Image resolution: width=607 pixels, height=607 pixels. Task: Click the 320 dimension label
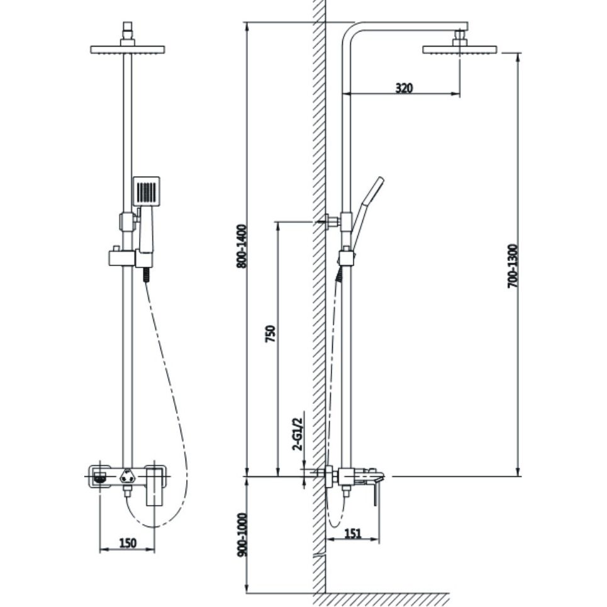coord(404,88)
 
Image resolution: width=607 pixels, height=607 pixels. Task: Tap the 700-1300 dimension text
coord(513,266)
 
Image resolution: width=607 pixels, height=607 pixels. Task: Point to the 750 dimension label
coord(270,333)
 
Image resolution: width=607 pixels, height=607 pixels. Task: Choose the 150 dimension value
coord(128,542)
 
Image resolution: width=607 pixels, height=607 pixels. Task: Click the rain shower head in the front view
coord(128,49)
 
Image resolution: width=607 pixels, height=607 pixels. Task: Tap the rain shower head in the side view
coord(459,49)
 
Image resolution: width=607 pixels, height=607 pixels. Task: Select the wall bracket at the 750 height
coord(330,221)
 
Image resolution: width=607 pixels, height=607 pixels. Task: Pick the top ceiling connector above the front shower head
coord(128,30)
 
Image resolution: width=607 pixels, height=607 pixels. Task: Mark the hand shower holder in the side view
coord(347,257)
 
